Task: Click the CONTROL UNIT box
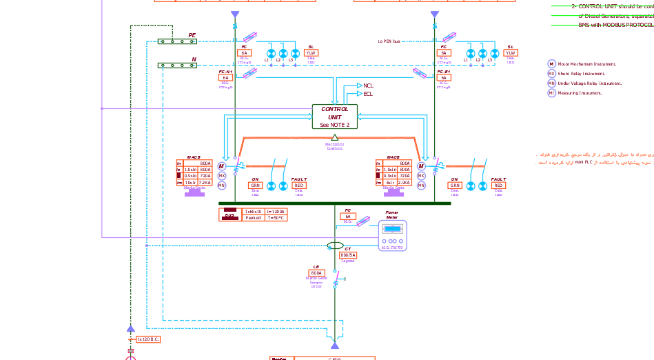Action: coord(334,117)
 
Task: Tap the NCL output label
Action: coord(368,86)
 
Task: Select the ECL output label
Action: coord(368,94)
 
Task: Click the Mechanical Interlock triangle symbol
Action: coord(334,138)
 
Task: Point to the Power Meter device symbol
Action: coord(392,235)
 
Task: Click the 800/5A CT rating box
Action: coord(348,255)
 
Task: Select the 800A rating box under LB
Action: coord(316,273)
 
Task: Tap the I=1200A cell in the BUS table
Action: coord(276,211)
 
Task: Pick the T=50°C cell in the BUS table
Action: coord(276,217)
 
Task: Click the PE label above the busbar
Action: coord(192,35)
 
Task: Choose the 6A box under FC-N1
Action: coord(225,78)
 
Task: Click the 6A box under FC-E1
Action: coord(444,78)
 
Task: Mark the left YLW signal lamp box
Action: coord(311,53)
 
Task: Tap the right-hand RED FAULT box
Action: coord(499,186)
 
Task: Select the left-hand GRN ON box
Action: coord(255,186)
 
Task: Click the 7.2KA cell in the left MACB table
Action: coord(205,183)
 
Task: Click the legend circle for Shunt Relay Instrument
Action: coord(551,74)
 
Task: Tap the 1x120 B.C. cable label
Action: coord(147,339)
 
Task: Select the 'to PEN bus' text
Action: coord(389,41)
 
